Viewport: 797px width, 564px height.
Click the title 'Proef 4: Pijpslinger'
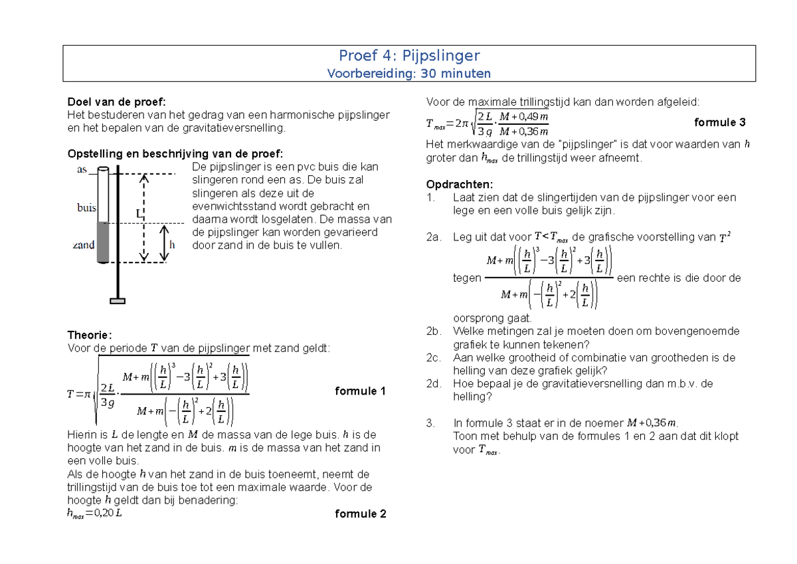pyautogui.click(x=409, y=56)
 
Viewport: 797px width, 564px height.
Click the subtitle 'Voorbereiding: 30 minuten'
pyautogui.click(x=409, y=73)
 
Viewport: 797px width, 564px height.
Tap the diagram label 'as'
pyautogui.click(x=82, y=170)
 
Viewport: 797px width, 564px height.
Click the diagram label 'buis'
pyautogui.click(x=86, y=208)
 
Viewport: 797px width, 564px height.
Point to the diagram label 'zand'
pyautogui.click(x=84, y=245)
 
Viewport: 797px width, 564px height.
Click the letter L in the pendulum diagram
pyautogui.click(x=139, y=214)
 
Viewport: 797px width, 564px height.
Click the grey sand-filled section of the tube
pyautogui.click(x=103, y=242)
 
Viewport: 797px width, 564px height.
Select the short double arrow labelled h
pyautogui.click(x=165, y=243)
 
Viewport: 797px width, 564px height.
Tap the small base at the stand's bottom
pyautogui.click(x=118, y=301)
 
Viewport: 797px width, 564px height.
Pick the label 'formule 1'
pyautogui.click(x=361, y=391)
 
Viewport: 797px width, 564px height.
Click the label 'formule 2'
pyautogui.click(x=361, y=514)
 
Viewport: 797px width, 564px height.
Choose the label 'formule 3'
pyautogui.click(x=719, y=122)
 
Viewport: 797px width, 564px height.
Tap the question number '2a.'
pyautogui.click(x=434, y=237)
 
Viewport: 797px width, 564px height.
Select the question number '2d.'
pyautogui.click(x=434, y=383)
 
